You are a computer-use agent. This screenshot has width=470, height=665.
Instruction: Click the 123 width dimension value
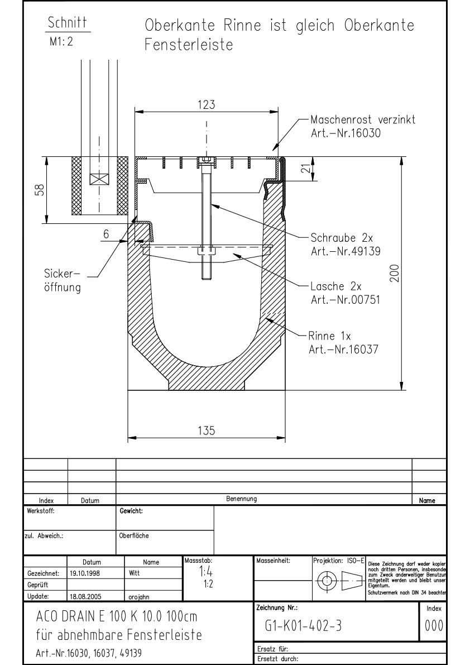(207, 104)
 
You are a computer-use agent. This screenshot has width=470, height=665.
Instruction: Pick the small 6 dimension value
(105, 235)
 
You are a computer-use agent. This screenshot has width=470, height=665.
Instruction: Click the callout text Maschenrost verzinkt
(362, 121)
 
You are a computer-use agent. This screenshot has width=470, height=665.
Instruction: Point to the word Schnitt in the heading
(69, 23)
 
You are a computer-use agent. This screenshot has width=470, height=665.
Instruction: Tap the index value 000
(434, 627)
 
